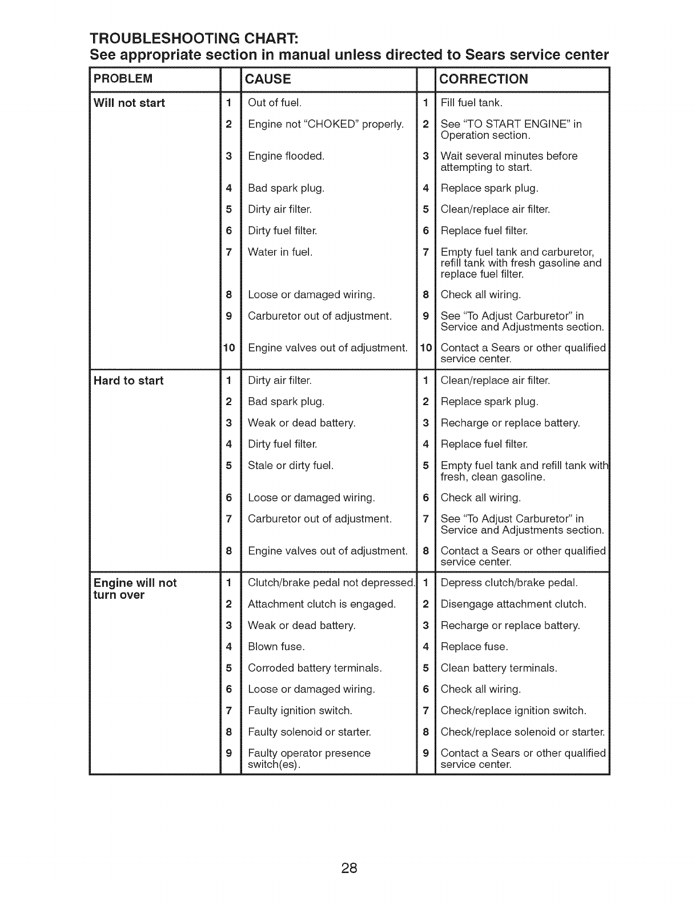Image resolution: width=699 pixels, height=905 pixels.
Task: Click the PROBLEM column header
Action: [123, 78]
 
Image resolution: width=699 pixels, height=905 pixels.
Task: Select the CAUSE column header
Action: [267, 79]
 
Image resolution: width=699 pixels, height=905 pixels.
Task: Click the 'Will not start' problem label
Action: [130, 103]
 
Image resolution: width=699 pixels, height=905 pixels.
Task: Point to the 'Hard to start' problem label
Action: [128, 381]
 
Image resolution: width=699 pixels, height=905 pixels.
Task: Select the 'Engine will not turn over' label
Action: [135, 589]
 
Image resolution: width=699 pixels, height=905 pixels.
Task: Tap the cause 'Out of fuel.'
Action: [275, 103]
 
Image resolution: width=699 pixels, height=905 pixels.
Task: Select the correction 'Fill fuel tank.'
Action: [472, 103]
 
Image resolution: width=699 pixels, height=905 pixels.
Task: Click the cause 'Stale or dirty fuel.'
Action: [291, 466]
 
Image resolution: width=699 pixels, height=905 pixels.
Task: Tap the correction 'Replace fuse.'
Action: [474, 647]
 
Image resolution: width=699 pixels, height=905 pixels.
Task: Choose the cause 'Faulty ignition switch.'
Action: [300, 711]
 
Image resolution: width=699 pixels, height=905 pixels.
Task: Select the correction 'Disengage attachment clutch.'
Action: [513, 604]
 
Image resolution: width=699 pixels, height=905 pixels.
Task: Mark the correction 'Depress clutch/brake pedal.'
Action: [509, 583]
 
